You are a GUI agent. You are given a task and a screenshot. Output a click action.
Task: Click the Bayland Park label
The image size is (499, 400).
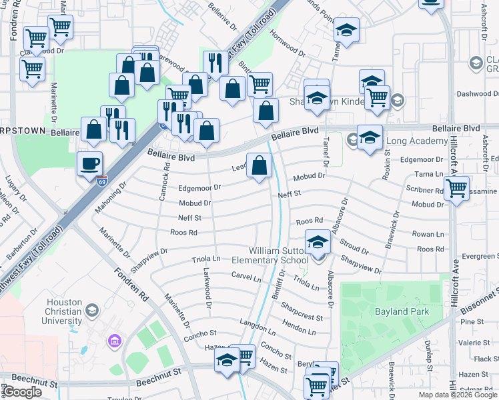pos(401,311)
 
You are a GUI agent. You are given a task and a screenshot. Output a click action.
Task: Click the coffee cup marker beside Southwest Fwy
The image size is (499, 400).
pos(89,163)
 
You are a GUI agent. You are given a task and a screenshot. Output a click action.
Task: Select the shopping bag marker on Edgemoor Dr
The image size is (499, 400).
pos(260,165)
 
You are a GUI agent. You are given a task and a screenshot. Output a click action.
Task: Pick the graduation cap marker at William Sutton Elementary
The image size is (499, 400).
pos(318,241)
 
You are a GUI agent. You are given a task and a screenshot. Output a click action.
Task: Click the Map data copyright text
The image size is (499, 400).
pos(458,395)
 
